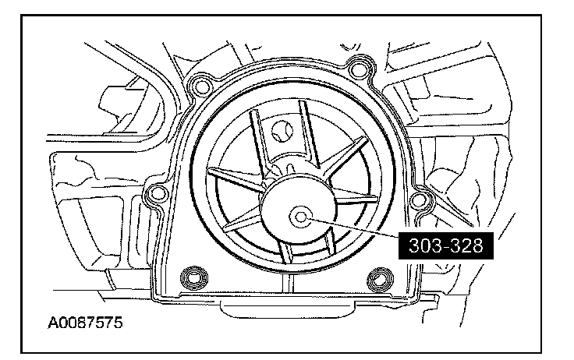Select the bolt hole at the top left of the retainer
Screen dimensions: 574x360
(201, 83)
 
